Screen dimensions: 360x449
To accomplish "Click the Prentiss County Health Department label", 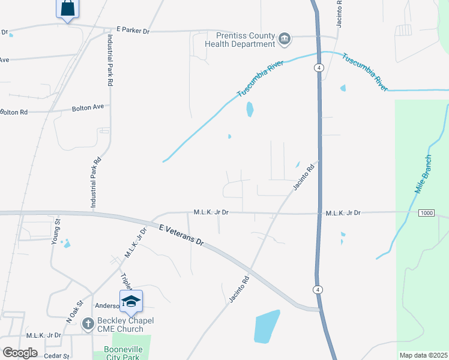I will pyautogui.click(x=240, y=40).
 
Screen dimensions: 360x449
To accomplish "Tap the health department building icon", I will pyautogui.click(x=285, y=40).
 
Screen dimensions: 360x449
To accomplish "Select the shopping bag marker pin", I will pyautogui.click(x=67, y=9).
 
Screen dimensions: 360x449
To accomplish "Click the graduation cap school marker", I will pyautogui.click(x=131, y=301).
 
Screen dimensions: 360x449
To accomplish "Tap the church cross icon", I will pyautogui.click(x=88, y=325).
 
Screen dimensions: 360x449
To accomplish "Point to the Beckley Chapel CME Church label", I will pyautogui.click(x=119, y=325).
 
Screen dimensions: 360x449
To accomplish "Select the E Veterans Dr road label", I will pyautogui.click(x=182, y=234).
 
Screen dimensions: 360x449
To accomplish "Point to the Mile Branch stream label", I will pyautogui.click(x=424, y=174).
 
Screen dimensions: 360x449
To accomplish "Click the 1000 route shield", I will pyautogui.click(x=426, y=214).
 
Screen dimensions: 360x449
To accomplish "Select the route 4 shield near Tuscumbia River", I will pyautogui.click(x=319, y=68).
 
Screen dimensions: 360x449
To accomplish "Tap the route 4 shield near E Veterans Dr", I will pyautogui.click(x=318, y=290).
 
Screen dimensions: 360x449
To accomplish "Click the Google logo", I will pyautogui.click(x=20, y=353).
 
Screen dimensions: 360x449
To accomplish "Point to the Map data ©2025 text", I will pyautogui.click(x=423, y=355).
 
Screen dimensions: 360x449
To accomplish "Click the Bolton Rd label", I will pyautogui.click(x=14, y=112).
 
